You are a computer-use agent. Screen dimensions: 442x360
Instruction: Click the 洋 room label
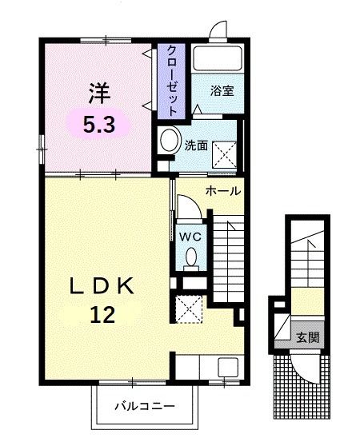click(x=98, y=94)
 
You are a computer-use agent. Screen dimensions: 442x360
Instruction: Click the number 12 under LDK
click(x=101, y=314)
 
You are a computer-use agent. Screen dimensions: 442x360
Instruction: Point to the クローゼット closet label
click(x=172, y=79)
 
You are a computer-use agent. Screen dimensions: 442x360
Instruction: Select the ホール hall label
click(x=223, y=192)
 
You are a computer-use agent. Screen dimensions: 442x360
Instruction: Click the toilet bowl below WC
click(x=191, y=257)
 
